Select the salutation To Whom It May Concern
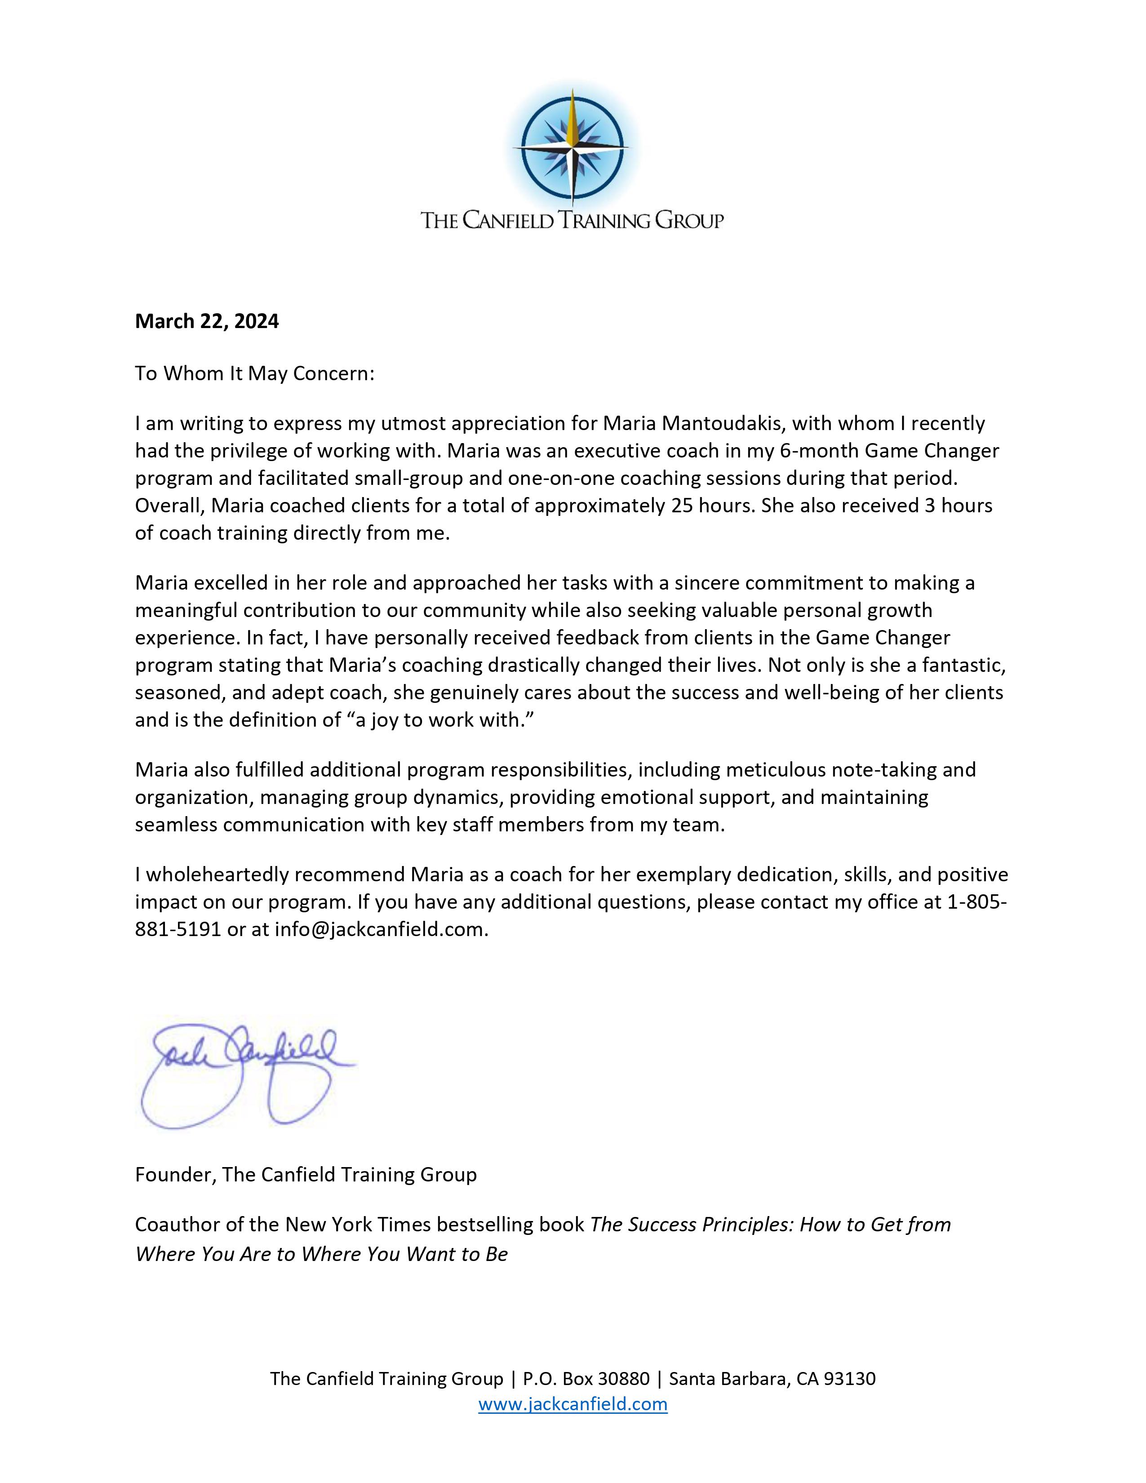pyautogui.click(x=254, y=373)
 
